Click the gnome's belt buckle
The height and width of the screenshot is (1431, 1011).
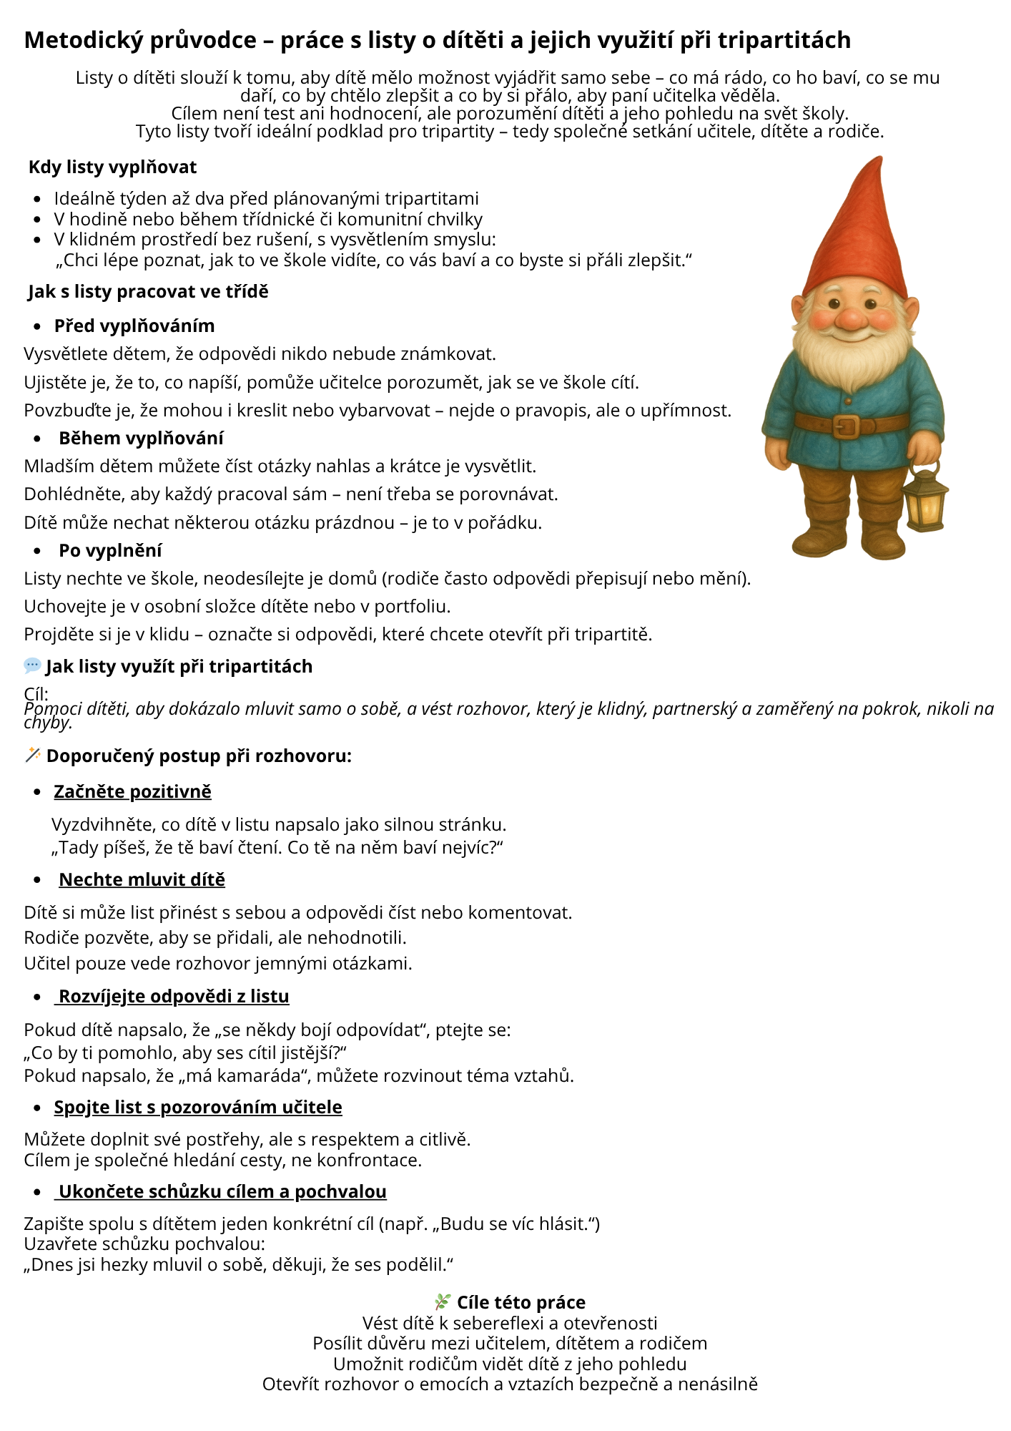click(x=845, y=426)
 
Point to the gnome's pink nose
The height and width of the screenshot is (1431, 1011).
click(x=851, y=318)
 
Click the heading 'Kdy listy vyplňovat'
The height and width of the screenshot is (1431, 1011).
click(x=112, y=167)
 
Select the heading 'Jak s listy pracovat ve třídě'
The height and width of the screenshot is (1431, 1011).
click(x=148, y=292)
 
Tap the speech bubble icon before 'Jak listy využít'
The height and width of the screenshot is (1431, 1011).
click(x=32, y=666)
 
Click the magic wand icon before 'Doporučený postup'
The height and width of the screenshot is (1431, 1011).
click(x=32, y=755)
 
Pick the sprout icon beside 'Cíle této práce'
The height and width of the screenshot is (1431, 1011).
click(x=443, y=1301)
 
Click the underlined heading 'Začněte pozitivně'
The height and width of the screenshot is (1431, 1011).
click(x=132, y=791)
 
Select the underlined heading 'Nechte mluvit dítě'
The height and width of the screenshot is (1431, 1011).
click(x=142, y=879)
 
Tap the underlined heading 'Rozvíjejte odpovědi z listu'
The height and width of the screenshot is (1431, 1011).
click(x=174, y=996)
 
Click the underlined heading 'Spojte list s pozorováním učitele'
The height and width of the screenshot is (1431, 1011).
click(x=198, y=1107)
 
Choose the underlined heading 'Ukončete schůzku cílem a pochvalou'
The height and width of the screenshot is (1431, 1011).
click(x=222, y=1191)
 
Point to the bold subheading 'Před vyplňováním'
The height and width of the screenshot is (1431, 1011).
click(x=134, y=326)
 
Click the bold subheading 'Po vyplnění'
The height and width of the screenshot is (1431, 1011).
click(x=110, y=550)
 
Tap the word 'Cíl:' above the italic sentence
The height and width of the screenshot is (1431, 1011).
click(x=36, y=694)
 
